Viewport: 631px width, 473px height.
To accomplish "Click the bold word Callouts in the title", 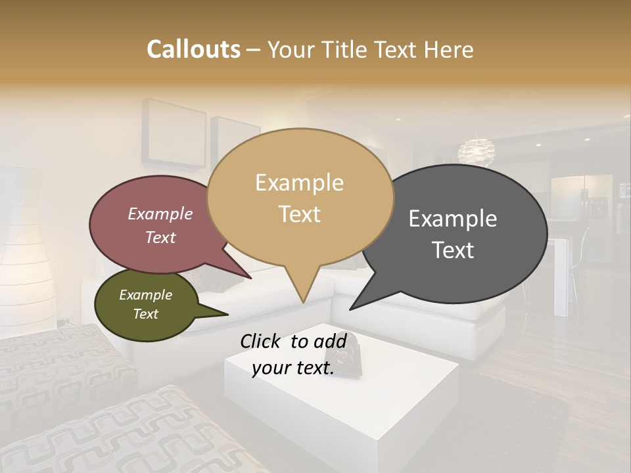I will click(x=193, y=49).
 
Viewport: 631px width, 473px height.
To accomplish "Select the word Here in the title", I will click(x=450, y=49).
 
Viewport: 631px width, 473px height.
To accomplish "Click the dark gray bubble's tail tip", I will click(x=351, y=309).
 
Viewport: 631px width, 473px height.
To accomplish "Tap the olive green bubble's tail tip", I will click(x=227, y=315).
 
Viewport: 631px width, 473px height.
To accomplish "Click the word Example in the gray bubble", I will click(x=453, y=219).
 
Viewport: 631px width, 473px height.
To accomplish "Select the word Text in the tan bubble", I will click(x=300, y=214).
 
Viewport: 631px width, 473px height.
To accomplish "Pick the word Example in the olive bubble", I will click(x=145, y=295).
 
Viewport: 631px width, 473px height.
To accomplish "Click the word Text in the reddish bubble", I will click(x=160, y=237).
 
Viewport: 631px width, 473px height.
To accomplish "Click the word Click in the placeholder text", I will click(x=261, y=341).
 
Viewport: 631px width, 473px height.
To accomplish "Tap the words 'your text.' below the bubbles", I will click(x=292, y=369).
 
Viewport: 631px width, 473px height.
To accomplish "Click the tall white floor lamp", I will click(x=26, y=250).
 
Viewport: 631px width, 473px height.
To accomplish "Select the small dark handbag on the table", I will click(x=347, y=355).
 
